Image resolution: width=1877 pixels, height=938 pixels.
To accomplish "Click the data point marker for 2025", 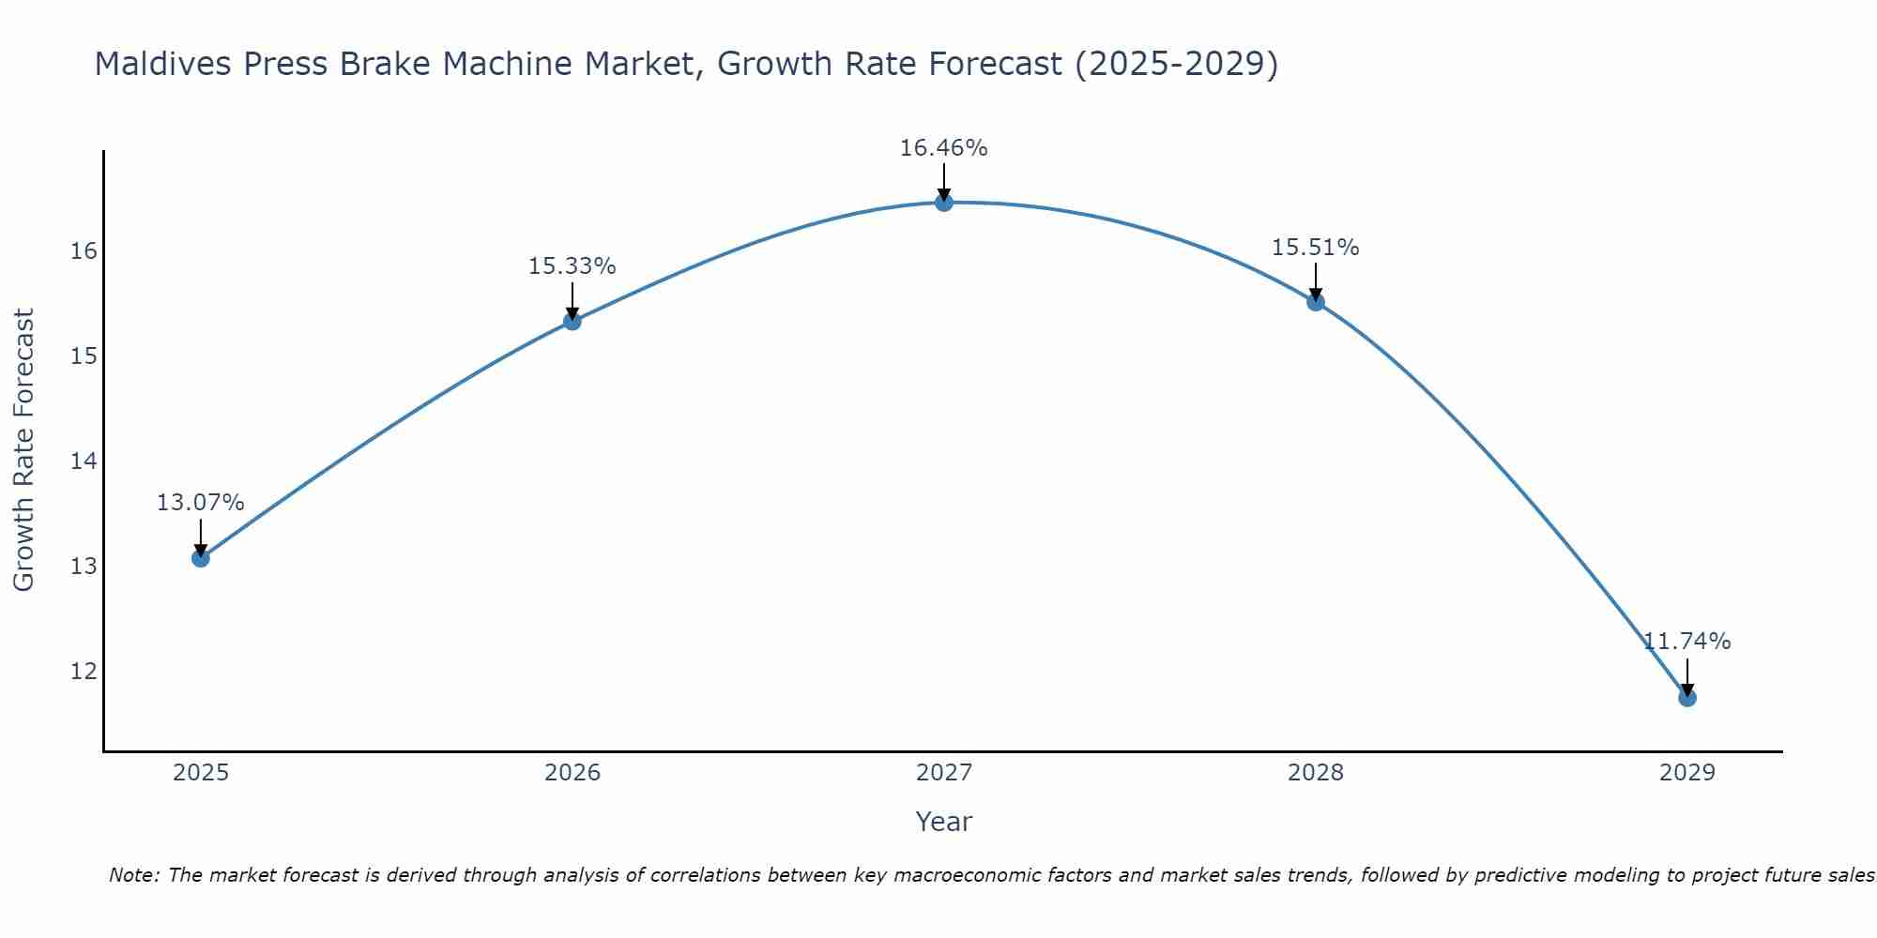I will pyautogui.click(x=200, y=558).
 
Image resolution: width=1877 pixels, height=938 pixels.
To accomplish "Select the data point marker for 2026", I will pyautogui.click(x=572, y=322).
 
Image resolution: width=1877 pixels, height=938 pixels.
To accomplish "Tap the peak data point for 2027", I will pyautogui.click(x=943, y=203).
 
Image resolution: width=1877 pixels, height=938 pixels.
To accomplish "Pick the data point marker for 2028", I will pyautogui.click(x=1315, y=302).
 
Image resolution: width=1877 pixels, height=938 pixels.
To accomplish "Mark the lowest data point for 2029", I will pyautogui.click(x=1686, y=698).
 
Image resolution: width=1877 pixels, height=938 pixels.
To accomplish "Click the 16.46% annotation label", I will pyautogui.click(x=943, y=148).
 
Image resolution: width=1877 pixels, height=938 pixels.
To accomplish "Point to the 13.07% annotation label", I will pyautogui.click(x=200, y=503).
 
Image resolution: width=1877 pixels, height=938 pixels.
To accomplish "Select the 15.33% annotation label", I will pyautogui.click(x=572, y=266).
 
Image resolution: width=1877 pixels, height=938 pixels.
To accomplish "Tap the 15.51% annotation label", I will pyautogui.click(x=1315, y=248).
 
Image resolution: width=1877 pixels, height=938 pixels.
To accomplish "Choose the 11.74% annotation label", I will pyautogui.click(x=1686, y=642).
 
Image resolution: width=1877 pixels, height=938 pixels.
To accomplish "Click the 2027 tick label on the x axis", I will pyautogui.click(x=943, y=773).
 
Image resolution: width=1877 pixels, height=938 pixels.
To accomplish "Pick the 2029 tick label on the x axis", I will pyautogui.click(x=1686, y=773).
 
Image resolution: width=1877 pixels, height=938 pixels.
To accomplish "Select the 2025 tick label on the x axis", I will pyautogui.click(x=201, y=773).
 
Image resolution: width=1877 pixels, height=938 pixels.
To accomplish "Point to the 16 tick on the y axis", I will pyautogui.click(x=84, y=251).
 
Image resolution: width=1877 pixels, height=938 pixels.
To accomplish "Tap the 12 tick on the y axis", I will pyautogui.click(x=84, y=672).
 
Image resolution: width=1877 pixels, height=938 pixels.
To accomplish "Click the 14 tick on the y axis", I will pyautogui.click(x=84, y=461).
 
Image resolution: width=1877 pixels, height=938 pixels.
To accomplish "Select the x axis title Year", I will pyautogui.click(x=943, y=822).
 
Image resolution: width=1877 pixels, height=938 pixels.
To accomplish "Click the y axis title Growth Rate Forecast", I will pyautogui.click(x=23, y=450).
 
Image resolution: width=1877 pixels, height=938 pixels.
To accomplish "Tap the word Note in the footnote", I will pyautogui.click(x=132, y=875).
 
